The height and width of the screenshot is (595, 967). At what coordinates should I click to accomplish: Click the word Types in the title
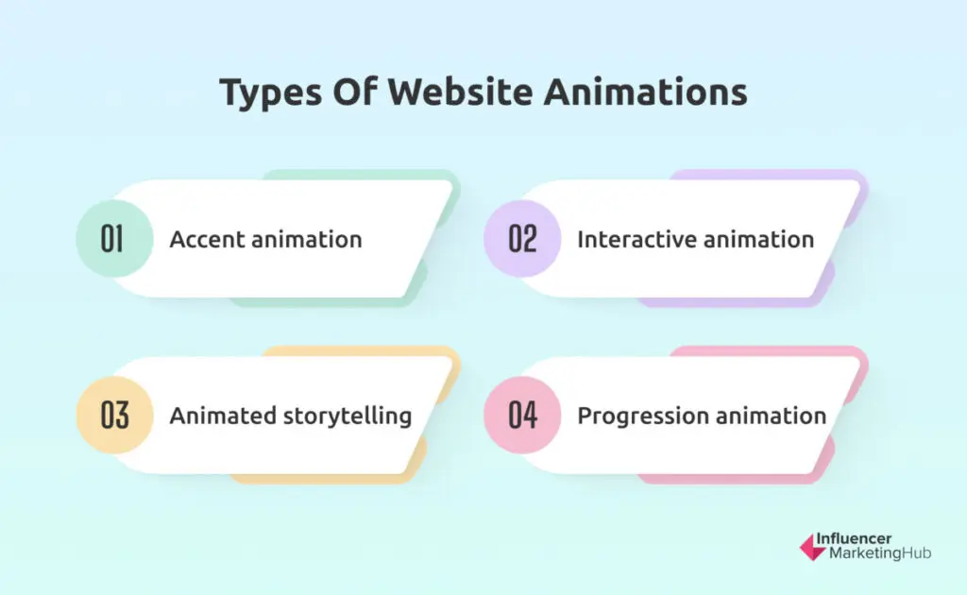coord(271,93)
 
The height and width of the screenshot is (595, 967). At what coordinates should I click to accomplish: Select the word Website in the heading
coord(460,92)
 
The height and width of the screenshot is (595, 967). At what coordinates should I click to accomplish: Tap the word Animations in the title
coord(646,92)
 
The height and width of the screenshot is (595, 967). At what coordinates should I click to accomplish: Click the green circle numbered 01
coord(114,239)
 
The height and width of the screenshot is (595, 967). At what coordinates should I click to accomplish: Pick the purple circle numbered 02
coord(522,239)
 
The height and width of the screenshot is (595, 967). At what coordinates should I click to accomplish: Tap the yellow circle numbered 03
coord(114,415)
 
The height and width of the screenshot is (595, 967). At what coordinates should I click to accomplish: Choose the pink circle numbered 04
coord(522,415)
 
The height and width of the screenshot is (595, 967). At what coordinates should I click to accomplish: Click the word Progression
coord(642,416)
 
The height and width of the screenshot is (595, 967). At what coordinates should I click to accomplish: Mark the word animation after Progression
coord(771,416)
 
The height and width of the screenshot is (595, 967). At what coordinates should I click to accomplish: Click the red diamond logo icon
coord(812,548)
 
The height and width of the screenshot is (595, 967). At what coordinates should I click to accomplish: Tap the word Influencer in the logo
coord(854,538)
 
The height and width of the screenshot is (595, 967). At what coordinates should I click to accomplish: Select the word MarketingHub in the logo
coord(880,553)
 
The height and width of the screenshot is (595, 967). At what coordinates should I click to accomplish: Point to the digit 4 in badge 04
coord(531,415)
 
